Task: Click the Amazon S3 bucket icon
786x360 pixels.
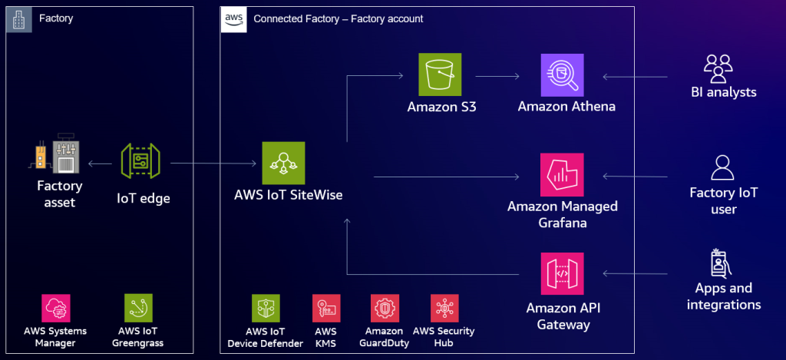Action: pyautogui.click(x=440, y=74)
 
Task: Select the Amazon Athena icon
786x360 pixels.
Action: pyautogui.click(x=562, y=74)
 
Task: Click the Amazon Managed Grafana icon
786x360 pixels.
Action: pyautogui.click(x=562, y=175)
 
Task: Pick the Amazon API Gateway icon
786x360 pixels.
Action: pyautogui.click(x=562, y=272)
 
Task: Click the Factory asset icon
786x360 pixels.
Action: pyautogui.click(x=59, y=160)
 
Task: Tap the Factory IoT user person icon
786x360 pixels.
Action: pyautogui.click(x=722, y=168)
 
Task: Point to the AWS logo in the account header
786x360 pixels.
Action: pyautogui.click(x=233, y=19)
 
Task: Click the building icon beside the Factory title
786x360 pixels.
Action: pyautogui.click(x=19, y=19)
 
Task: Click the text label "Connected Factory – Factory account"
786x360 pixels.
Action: pyautogui.click(x=338, y=18)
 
